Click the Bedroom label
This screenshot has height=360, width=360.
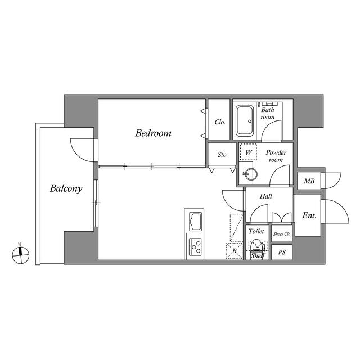click(x=153, y=133)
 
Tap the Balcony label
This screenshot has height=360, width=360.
click(x=66, y=189)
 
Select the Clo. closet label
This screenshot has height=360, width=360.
click(x=220, y=122)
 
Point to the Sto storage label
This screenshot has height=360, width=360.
click(x=222, y=155)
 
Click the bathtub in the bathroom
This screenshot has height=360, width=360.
click(x=245, y=120)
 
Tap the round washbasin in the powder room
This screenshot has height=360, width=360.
click(x=251, y=174)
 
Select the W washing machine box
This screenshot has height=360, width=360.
click(x=248, y=152)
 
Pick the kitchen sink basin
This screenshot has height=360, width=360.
click(x=196, y=222)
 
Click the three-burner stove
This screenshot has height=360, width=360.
click(x=196, y=246)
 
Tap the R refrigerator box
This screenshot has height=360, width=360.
click(x=235, y=251)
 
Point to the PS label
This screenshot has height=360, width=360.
click(x=282, y=253)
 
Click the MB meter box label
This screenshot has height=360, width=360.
click(x=309, y=181)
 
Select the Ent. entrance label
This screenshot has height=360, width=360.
click(x=309, y=215)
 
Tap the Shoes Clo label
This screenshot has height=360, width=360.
click(x=282, y=234)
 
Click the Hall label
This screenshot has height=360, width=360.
click(x=266, y=196)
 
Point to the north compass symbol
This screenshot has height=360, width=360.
click(x=21, y=255)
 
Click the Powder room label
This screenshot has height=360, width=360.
click(x=276, y=156)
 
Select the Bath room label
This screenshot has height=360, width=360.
click(x=268, y=113)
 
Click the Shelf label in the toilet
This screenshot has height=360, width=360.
click(x=258, y=256)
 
